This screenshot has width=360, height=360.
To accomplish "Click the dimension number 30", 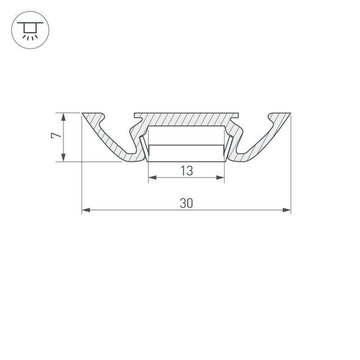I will [x=186, y=203].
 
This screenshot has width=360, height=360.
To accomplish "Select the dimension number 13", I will [x=186, y=170].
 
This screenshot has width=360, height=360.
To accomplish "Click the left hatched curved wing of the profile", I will [x=107, y=140].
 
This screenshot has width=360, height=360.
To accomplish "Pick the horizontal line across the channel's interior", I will [x=186, y=145].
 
